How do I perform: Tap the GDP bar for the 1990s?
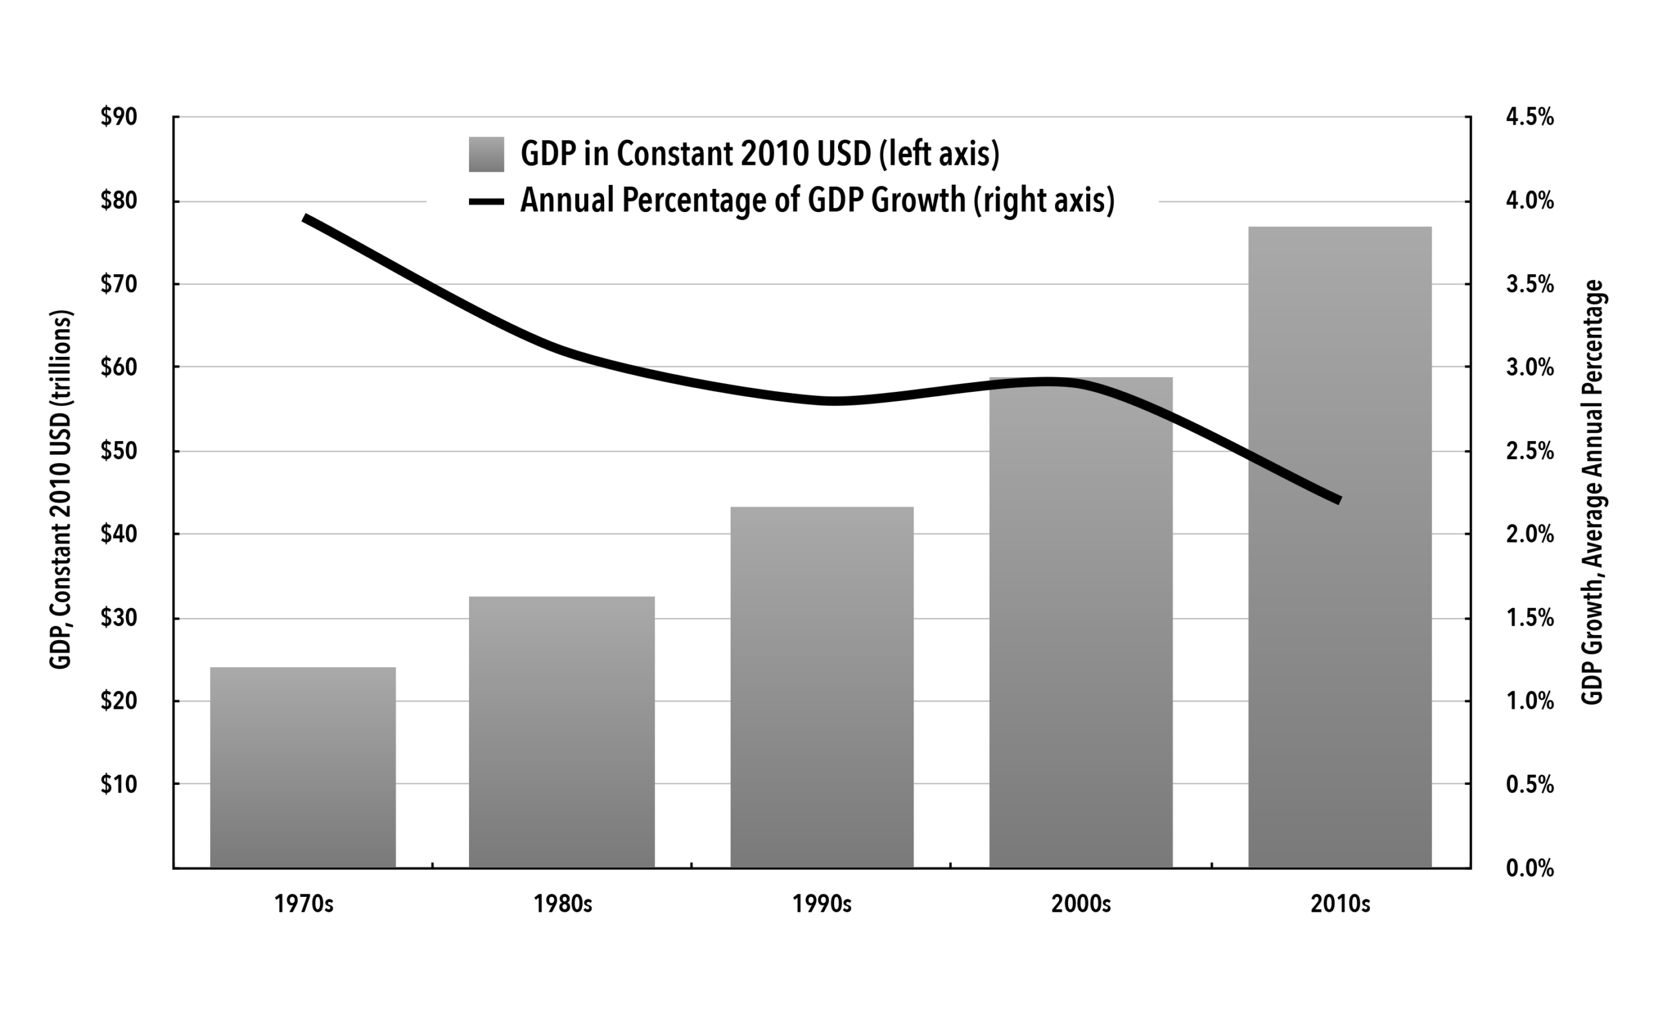pyautogui.click(x=822, y=687)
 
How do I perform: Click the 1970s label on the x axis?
pyautogui.click(x=304, y=904)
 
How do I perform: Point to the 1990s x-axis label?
pyautogui.click(x=822, y=904)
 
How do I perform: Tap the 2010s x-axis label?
pyautogui.click(x=1340, y=904)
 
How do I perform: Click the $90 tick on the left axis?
pyautogui.click(x=118, y=117)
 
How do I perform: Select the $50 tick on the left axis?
pyautogui.click(x=118, y=451)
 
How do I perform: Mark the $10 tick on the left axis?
pyautogui.click(x=118, y=784)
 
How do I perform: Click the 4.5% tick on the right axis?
pyautogui.click(x=1529, y=117)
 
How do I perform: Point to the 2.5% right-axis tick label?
pyautogui.click(x=1529, y=451)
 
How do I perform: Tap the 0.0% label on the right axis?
pyautogui.click(x=1529, y=868)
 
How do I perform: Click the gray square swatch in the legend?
pyautogui.click(x=487, y=155)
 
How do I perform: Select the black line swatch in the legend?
pyautogui.click(x=487, y=202)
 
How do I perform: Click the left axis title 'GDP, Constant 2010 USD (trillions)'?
pyautogui.click(x=61, y=489)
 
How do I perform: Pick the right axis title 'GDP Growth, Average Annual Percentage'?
pyautogui.click(x=1592, y=492)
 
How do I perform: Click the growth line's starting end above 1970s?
pyautogui.click(x=305, y=219)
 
